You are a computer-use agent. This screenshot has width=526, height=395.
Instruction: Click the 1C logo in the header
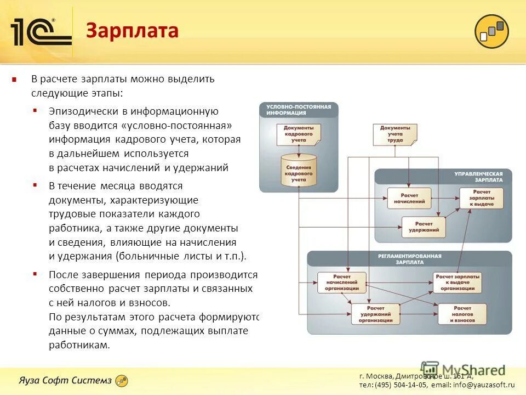pyautogui.click(x=41, y=32)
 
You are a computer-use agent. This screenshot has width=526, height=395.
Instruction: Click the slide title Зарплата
pyautogui.click(x=132, y=31)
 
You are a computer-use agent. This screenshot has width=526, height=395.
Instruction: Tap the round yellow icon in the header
pyautogui.click(x=491, y=31)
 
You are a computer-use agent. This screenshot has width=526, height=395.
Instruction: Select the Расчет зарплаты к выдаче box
pyautogui.click(x=481, y=198)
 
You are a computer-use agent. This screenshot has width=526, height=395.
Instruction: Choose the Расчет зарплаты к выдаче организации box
pyautogui.click(x=458, y=283)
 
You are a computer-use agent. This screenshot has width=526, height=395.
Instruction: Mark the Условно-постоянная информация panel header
pyautogui.click(x=299, y=110)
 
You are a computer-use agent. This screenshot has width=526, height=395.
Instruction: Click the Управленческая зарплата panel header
pyautogui.click(x=478, y=176)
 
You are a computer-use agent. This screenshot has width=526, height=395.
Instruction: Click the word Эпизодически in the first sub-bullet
pyautogui.click(x=82, y=111)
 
